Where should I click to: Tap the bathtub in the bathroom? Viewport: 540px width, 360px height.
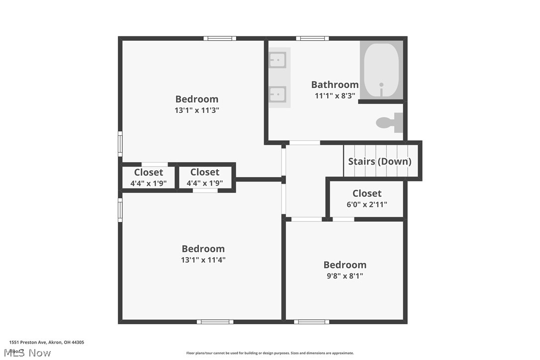click(381, 70)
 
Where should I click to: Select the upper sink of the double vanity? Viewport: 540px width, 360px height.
click(277, 61)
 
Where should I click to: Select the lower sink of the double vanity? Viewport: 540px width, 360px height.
click(277, 93)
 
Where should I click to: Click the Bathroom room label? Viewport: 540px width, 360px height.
click(335, 85)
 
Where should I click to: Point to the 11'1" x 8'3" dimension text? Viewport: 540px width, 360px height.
click(335, 95)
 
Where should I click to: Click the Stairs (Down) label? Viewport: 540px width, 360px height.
click(379, 161)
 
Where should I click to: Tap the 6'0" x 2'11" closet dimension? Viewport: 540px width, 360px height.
click(367, 204)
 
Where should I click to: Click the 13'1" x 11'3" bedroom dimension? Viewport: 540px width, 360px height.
click(196, 110)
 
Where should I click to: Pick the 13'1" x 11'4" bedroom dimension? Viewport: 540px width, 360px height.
click(203, 259)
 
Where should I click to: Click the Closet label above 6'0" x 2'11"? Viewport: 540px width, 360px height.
click(367, 193)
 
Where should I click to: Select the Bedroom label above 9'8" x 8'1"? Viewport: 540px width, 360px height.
click(345, 265)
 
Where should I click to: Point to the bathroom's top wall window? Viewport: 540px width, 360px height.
click(312, 38)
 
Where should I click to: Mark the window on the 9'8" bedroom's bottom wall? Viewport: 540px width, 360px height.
click(311, 322)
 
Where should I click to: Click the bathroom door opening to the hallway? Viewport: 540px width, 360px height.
click(304, 143)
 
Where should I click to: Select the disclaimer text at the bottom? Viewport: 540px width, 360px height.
click(270, 353)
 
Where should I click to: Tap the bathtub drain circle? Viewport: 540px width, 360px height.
click(381, 85)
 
